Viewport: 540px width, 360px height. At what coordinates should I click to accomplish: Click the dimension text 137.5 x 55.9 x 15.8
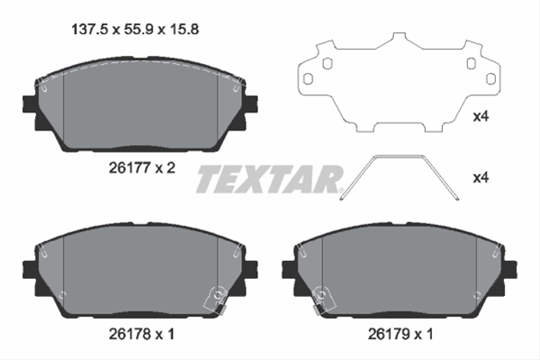(135, 30)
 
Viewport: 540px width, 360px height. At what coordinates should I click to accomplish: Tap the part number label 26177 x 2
(142, 167)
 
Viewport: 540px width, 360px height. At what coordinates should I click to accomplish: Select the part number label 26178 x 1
(141, 334)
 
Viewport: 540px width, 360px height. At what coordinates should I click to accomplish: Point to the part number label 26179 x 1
(400, 334)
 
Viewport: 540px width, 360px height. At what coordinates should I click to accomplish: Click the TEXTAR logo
(268, 178)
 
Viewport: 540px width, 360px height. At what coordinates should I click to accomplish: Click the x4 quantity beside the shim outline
(481, 117)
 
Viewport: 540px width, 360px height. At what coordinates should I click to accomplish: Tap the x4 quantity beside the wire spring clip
(481, 178)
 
